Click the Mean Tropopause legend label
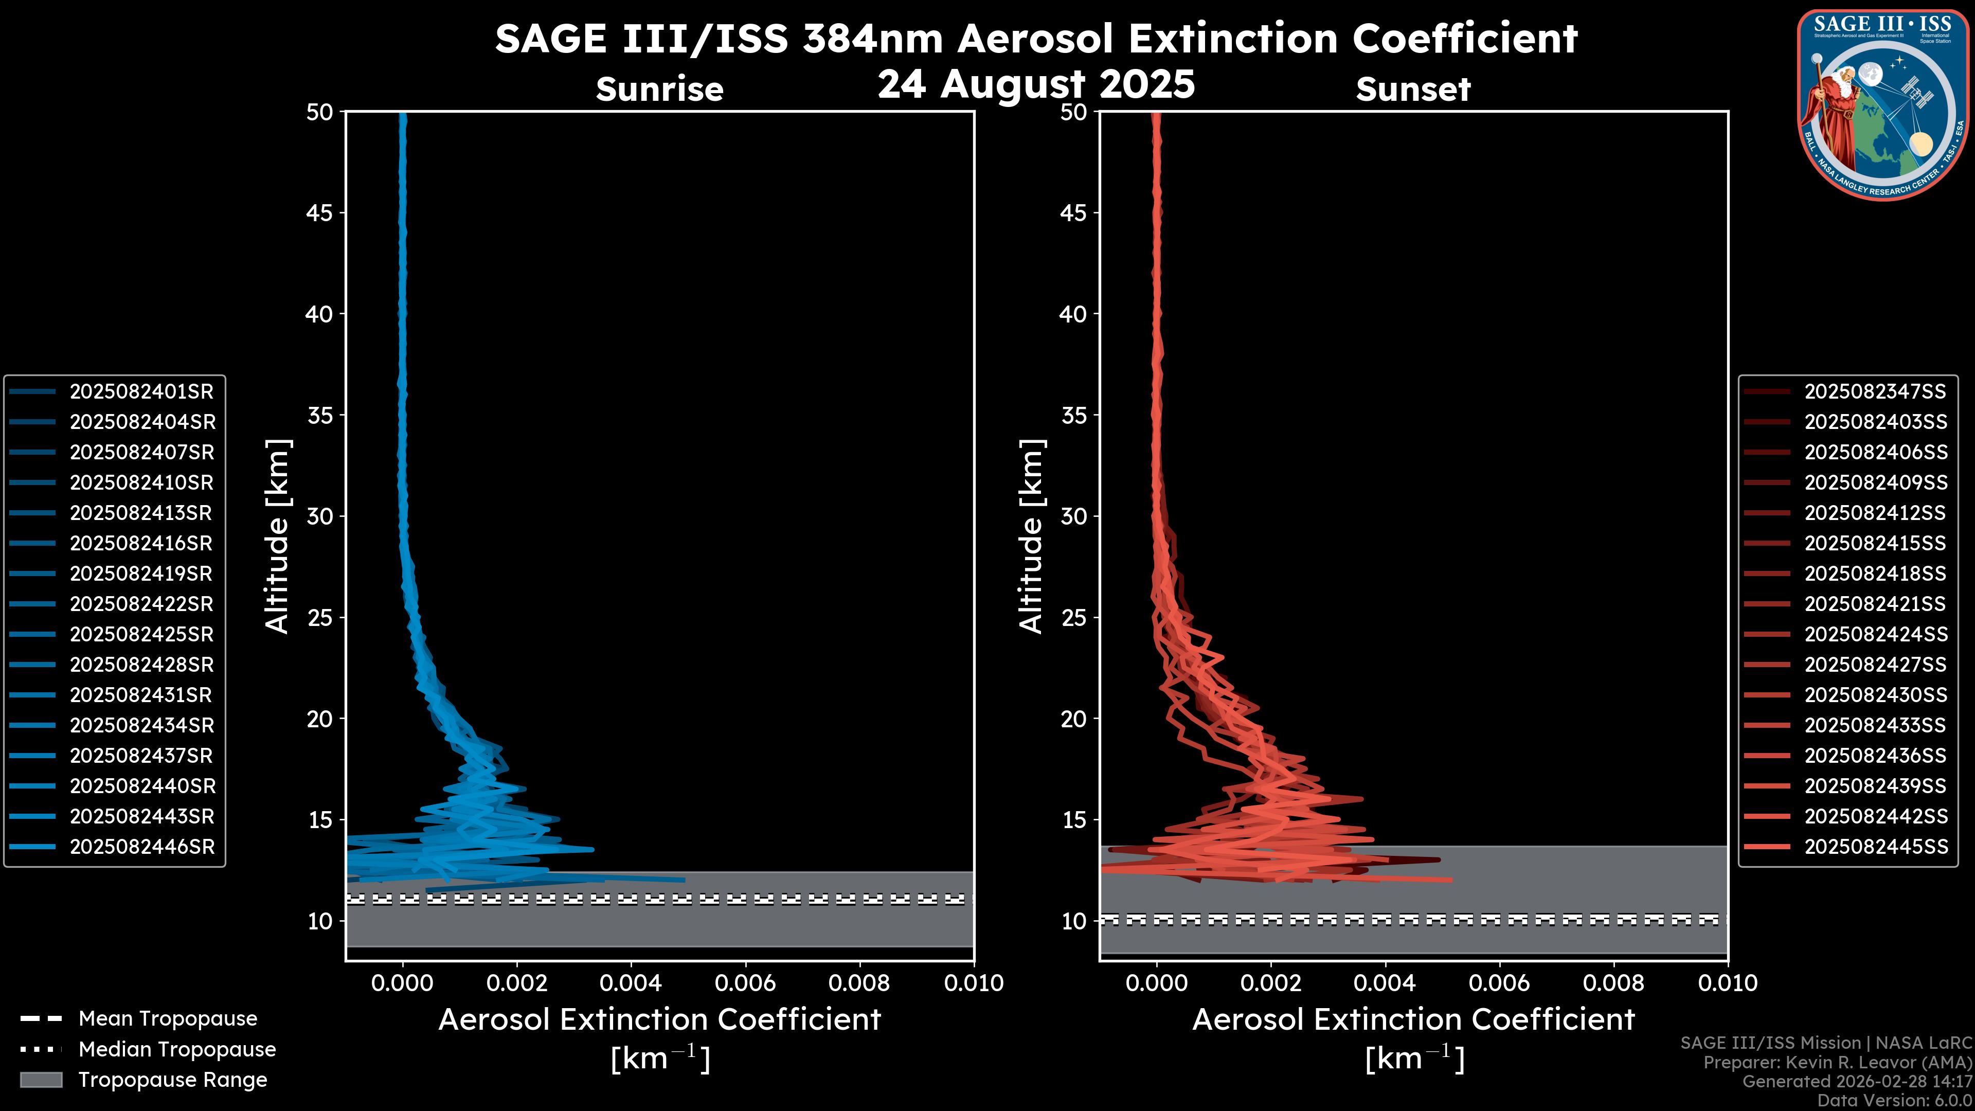click(x=168, y=1019)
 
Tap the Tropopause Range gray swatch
click(x=41, y=1080)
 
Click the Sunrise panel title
click(x=659, y=89)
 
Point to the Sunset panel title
click(x=1413, y=89)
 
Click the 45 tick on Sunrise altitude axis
click(x=319, y=213)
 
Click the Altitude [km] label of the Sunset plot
click(x=1031, y=536)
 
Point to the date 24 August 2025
click(x=1036, y=84)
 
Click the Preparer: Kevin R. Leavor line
click(x=1837, y=1063)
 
